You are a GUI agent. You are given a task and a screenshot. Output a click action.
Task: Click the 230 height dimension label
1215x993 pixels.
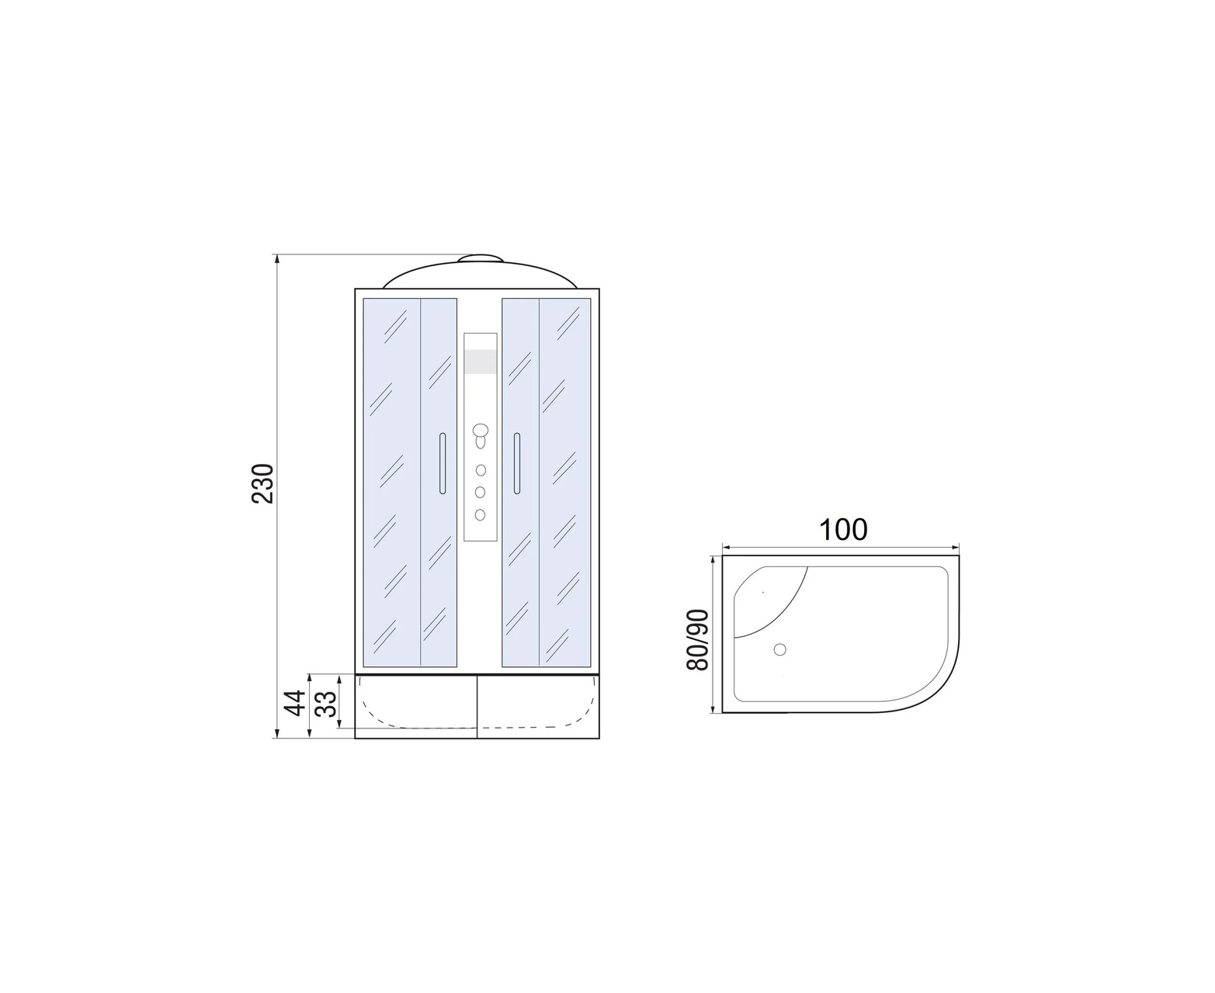point(262,483)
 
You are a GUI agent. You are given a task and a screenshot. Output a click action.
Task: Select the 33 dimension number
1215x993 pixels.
point(327,704)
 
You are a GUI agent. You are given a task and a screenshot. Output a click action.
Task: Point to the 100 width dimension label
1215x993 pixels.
point(843,530)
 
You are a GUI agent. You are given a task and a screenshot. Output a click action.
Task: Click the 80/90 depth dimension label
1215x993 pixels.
point(698,639)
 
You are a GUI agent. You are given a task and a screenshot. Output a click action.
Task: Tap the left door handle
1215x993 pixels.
point(443,463)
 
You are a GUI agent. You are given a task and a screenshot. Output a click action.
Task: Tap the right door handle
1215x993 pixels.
point(517,463)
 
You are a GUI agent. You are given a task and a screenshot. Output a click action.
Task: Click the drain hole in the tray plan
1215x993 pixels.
point(779,649)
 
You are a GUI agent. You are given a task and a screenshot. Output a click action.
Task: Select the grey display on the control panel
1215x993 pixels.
point(480,362)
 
